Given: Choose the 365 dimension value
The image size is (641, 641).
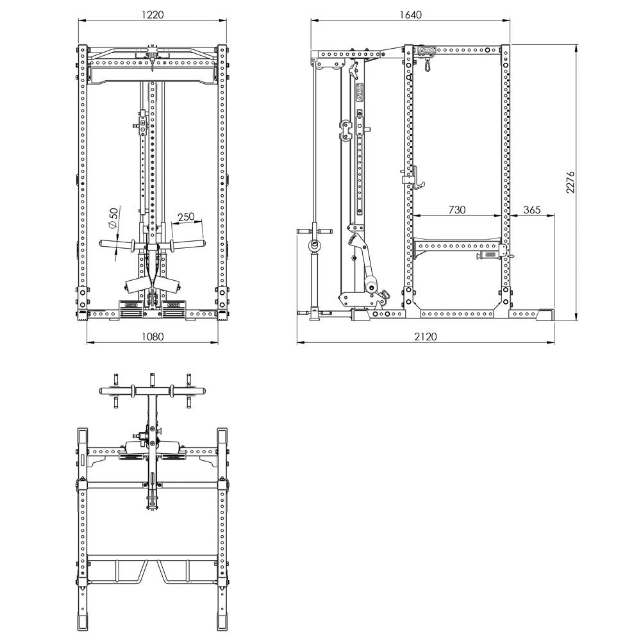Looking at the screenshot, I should pyautogui.click(x=532, y=209).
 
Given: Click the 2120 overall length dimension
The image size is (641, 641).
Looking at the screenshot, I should pyautogui.click(x=425, y=337).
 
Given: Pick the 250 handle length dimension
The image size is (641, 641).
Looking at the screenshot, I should pyautogui.click(x=186, y=217).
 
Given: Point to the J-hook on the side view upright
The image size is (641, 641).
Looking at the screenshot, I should pyautogui.click(x=414, y=178).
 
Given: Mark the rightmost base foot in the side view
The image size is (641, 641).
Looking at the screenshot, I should pyautogui.click(x=547, y=314).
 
